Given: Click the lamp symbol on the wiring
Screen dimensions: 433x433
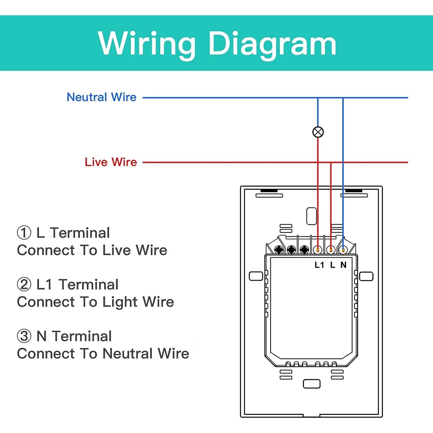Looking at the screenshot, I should (318, 132).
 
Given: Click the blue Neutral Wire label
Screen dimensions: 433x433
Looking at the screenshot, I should (101, 97).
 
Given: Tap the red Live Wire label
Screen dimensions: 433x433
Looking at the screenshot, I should (111, 162).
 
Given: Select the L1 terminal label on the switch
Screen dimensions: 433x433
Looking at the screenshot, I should (319, 265).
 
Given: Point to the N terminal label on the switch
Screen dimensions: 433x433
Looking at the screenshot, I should (343, 265).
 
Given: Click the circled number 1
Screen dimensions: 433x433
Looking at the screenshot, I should (24, 233).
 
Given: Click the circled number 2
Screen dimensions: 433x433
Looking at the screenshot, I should (24, 285).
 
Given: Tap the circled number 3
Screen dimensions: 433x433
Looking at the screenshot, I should (24, 336).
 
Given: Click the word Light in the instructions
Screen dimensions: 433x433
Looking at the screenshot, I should (120, 302).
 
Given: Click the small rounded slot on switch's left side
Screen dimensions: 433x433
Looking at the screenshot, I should (256, 276).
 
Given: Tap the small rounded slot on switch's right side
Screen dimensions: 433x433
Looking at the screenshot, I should (366, 276).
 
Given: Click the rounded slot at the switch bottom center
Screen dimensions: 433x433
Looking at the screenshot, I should (311, 384).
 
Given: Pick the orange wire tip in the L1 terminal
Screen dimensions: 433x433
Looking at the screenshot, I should (318, 250).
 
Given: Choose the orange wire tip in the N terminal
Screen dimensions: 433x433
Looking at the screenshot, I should (343, 250).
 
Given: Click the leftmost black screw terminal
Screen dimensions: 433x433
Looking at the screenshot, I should (279, 250).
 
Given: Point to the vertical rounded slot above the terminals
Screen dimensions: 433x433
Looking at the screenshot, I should (311, 216).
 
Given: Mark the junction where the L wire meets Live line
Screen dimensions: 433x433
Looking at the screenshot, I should (331, 163).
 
